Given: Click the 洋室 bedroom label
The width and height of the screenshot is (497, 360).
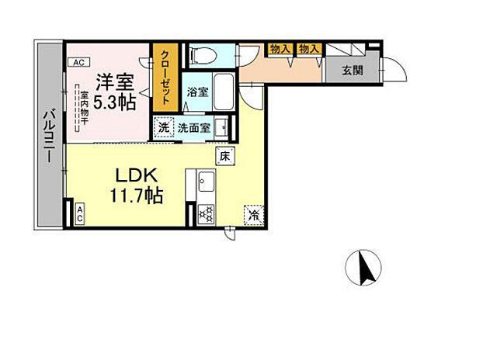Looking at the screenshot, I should (114, 81).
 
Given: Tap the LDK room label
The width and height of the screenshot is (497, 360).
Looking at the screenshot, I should (140, 174).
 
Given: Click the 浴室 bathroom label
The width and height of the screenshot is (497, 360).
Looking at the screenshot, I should (197, 92).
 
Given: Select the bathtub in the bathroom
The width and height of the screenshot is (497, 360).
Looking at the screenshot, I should (223, 92).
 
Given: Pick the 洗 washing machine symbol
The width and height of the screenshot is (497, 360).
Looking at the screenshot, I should (163, 127).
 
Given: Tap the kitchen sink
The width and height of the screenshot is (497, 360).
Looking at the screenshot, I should (207, 183).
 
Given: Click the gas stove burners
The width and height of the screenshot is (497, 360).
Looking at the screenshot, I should (206, 212).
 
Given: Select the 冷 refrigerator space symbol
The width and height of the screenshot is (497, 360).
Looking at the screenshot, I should (254, 213).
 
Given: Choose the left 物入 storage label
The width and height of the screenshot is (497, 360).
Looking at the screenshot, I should (280, 50).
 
